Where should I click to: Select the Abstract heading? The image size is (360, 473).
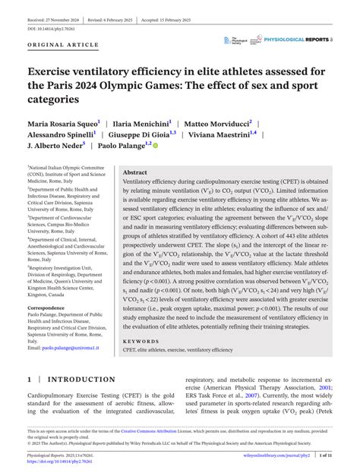pos(135,172)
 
